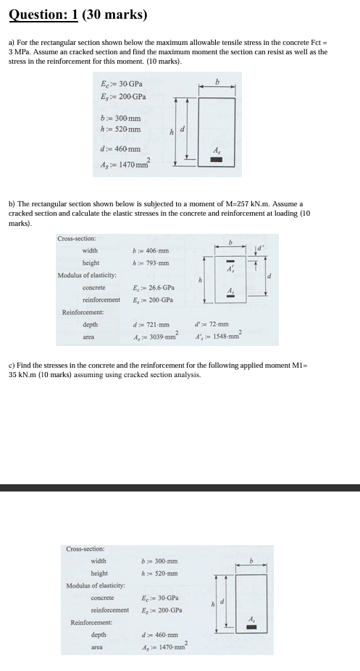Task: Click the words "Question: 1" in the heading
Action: coord(44,14)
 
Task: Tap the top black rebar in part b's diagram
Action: coord(231,262)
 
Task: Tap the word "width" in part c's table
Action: coord(99,561)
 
